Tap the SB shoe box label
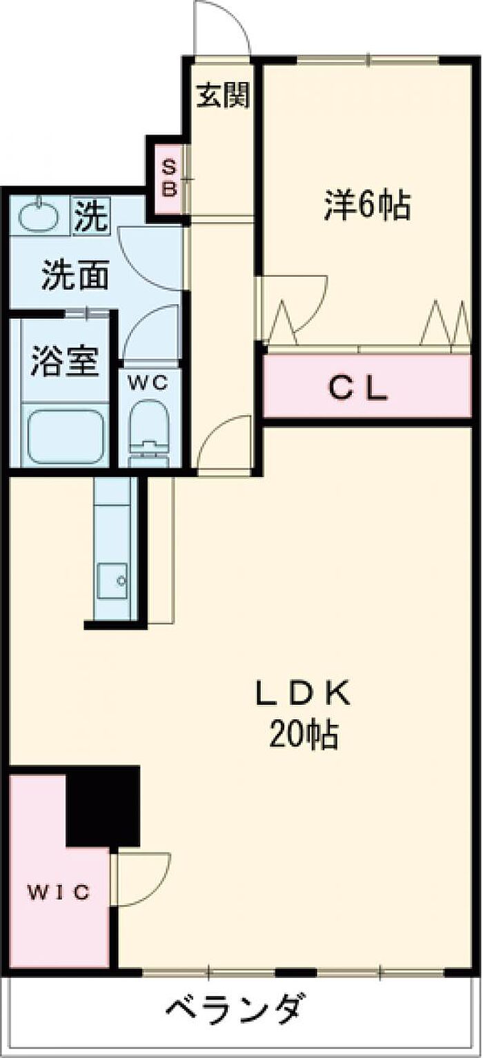pos(169,177)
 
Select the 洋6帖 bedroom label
pos(368,205)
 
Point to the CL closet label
pos(357,390)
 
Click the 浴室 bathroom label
pos(66,361)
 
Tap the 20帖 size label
pos(304,737)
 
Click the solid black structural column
pos(103,806)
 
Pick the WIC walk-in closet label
pos(59,892)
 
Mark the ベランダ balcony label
pos(235,1010)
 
